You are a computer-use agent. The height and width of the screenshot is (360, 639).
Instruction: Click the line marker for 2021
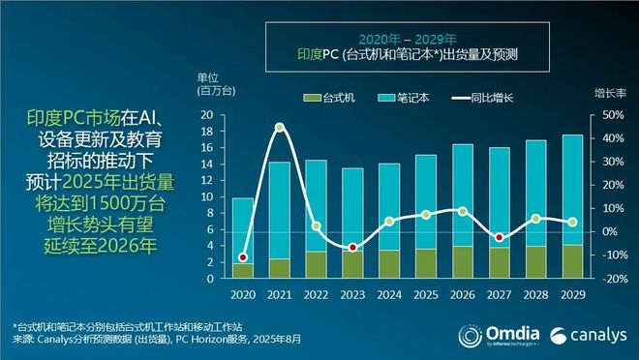[x=280, y=128]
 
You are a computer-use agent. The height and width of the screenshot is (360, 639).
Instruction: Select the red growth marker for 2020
[x=243, y=257]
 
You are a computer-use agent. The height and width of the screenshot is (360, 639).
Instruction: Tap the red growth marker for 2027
[x=498, y=237]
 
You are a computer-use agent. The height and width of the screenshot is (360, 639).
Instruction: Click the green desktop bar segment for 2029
[x=572, y=261]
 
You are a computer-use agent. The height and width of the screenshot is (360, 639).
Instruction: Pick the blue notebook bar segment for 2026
[x=463, y=195]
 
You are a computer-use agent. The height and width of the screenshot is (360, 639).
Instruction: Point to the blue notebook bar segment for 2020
[x=243, y=230]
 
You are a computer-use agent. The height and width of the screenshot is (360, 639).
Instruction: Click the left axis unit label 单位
[x=209, y=78]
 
